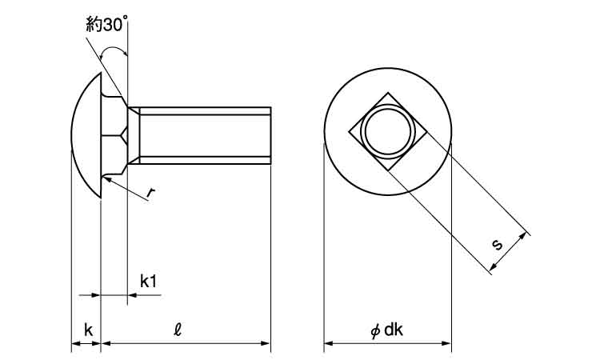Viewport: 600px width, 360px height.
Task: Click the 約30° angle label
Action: point(105,26)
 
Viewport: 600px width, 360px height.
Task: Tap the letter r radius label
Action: point(150,194)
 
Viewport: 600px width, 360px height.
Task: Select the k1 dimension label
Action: point(149,282)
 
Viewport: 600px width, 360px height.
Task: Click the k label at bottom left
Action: point(88,330)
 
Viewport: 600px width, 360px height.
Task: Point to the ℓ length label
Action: point(177,330)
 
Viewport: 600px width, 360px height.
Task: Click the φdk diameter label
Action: point(387,330)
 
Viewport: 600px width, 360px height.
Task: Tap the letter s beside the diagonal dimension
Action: point(497,244)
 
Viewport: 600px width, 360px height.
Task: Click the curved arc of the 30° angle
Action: point(113,49)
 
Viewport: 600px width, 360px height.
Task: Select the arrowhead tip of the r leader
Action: point(103,177)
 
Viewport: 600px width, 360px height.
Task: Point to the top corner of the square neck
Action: point(388,93)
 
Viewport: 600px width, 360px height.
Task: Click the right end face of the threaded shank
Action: point(270,135)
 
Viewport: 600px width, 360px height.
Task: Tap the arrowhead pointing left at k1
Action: point(132,295)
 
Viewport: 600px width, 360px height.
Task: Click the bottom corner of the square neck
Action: point(388,171)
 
